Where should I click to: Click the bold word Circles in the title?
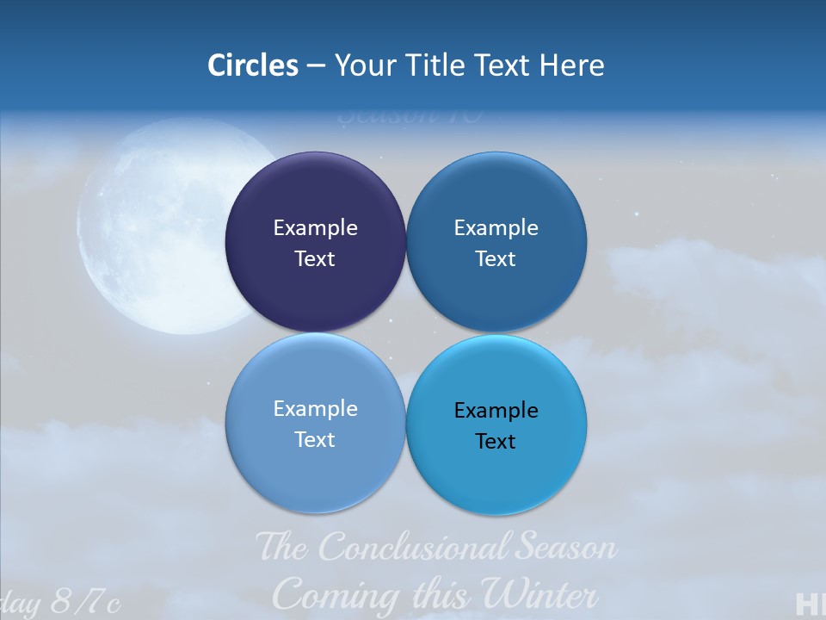[253, 65]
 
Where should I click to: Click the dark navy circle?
[315, 198]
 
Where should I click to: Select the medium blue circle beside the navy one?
[496, 198]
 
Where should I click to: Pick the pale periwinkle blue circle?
[315, 465]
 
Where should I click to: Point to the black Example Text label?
[496, 425]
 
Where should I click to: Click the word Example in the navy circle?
[315, 227]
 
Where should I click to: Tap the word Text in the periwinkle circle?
[315, 439]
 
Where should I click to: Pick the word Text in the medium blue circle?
[496, 258]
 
